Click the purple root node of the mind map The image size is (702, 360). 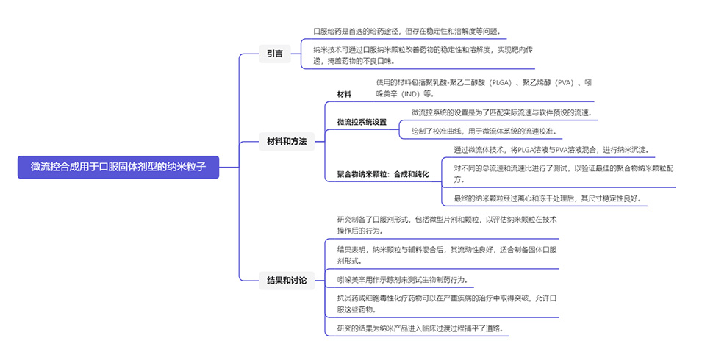118,167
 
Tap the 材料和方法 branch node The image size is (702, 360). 286,140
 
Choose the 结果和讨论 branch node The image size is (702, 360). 286,279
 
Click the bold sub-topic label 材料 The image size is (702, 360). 344,95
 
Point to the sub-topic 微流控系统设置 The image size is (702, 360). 362,122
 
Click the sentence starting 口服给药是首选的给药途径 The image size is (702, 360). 407,31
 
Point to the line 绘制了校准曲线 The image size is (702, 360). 484,132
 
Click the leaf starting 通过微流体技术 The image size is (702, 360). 551,150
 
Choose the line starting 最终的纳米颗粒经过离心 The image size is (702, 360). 552,198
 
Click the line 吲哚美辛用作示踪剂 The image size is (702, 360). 401,280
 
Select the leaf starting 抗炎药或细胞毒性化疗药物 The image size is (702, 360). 441,304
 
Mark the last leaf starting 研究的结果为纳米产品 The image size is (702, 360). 423,328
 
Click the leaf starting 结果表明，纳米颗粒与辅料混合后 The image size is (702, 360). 441,255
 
